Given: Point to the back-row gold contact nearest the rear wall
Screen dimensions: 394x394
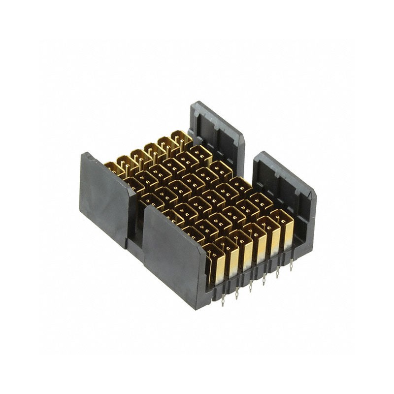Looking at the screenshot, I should (182, 138).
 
